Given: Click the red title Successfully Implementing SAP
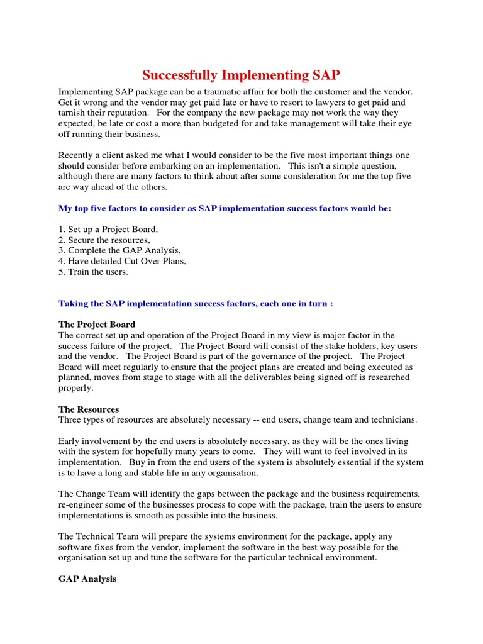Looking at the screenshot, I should click(241, 75).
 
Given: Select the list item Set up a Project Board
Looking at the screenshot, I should click(108, 229).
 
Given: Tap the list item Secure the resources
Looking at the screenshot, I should click(104, 240).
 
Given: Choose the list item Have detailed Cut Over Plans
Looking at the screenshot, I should click(123, 261).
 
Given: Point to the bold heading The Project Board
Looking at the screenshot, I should click(97, 325).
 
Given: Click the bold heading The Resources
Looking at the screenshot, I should click(89, 409).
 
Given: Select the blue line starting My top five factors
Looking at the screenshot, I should click(225, 208).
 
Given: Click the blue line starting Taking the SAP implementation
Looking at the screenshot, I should click(196, 303).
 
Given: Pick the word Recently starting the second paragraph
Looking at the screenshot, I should click(77, 155).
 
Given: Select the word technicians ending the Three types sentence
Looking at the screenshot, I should click(394, 419).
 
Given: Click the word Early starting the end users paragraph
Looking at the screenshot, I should click(69, 441).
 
